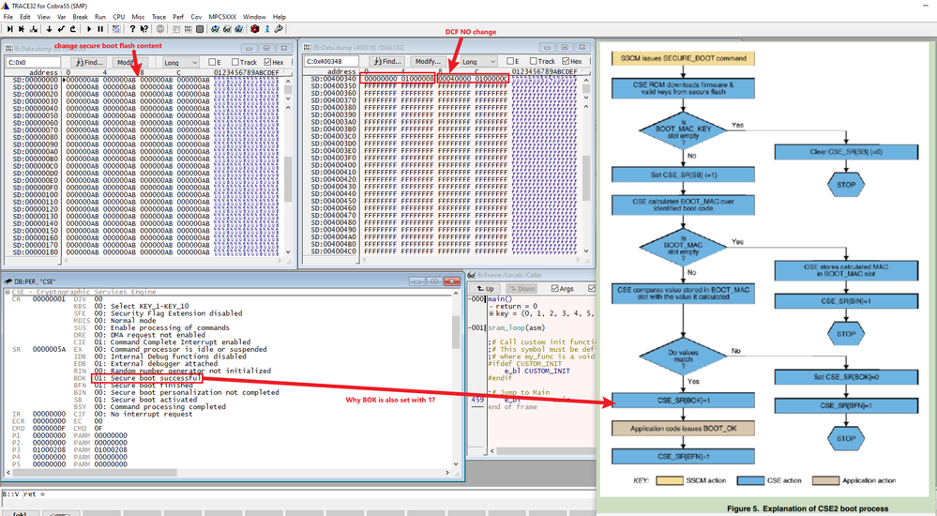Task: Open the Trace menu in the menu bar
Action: [159, 17]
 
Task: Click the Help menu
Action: [280, 17]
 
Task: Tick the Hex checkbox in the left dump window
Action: [273, 62]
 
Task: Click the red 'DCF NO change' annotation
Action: [470, 32]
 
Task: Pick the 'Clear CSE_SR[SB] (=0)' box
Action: [839, 151]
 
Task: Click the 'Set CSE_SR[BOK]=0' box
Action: [839, 377]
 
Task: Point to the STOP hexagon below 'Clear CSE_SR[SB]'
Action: [839, 185]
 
